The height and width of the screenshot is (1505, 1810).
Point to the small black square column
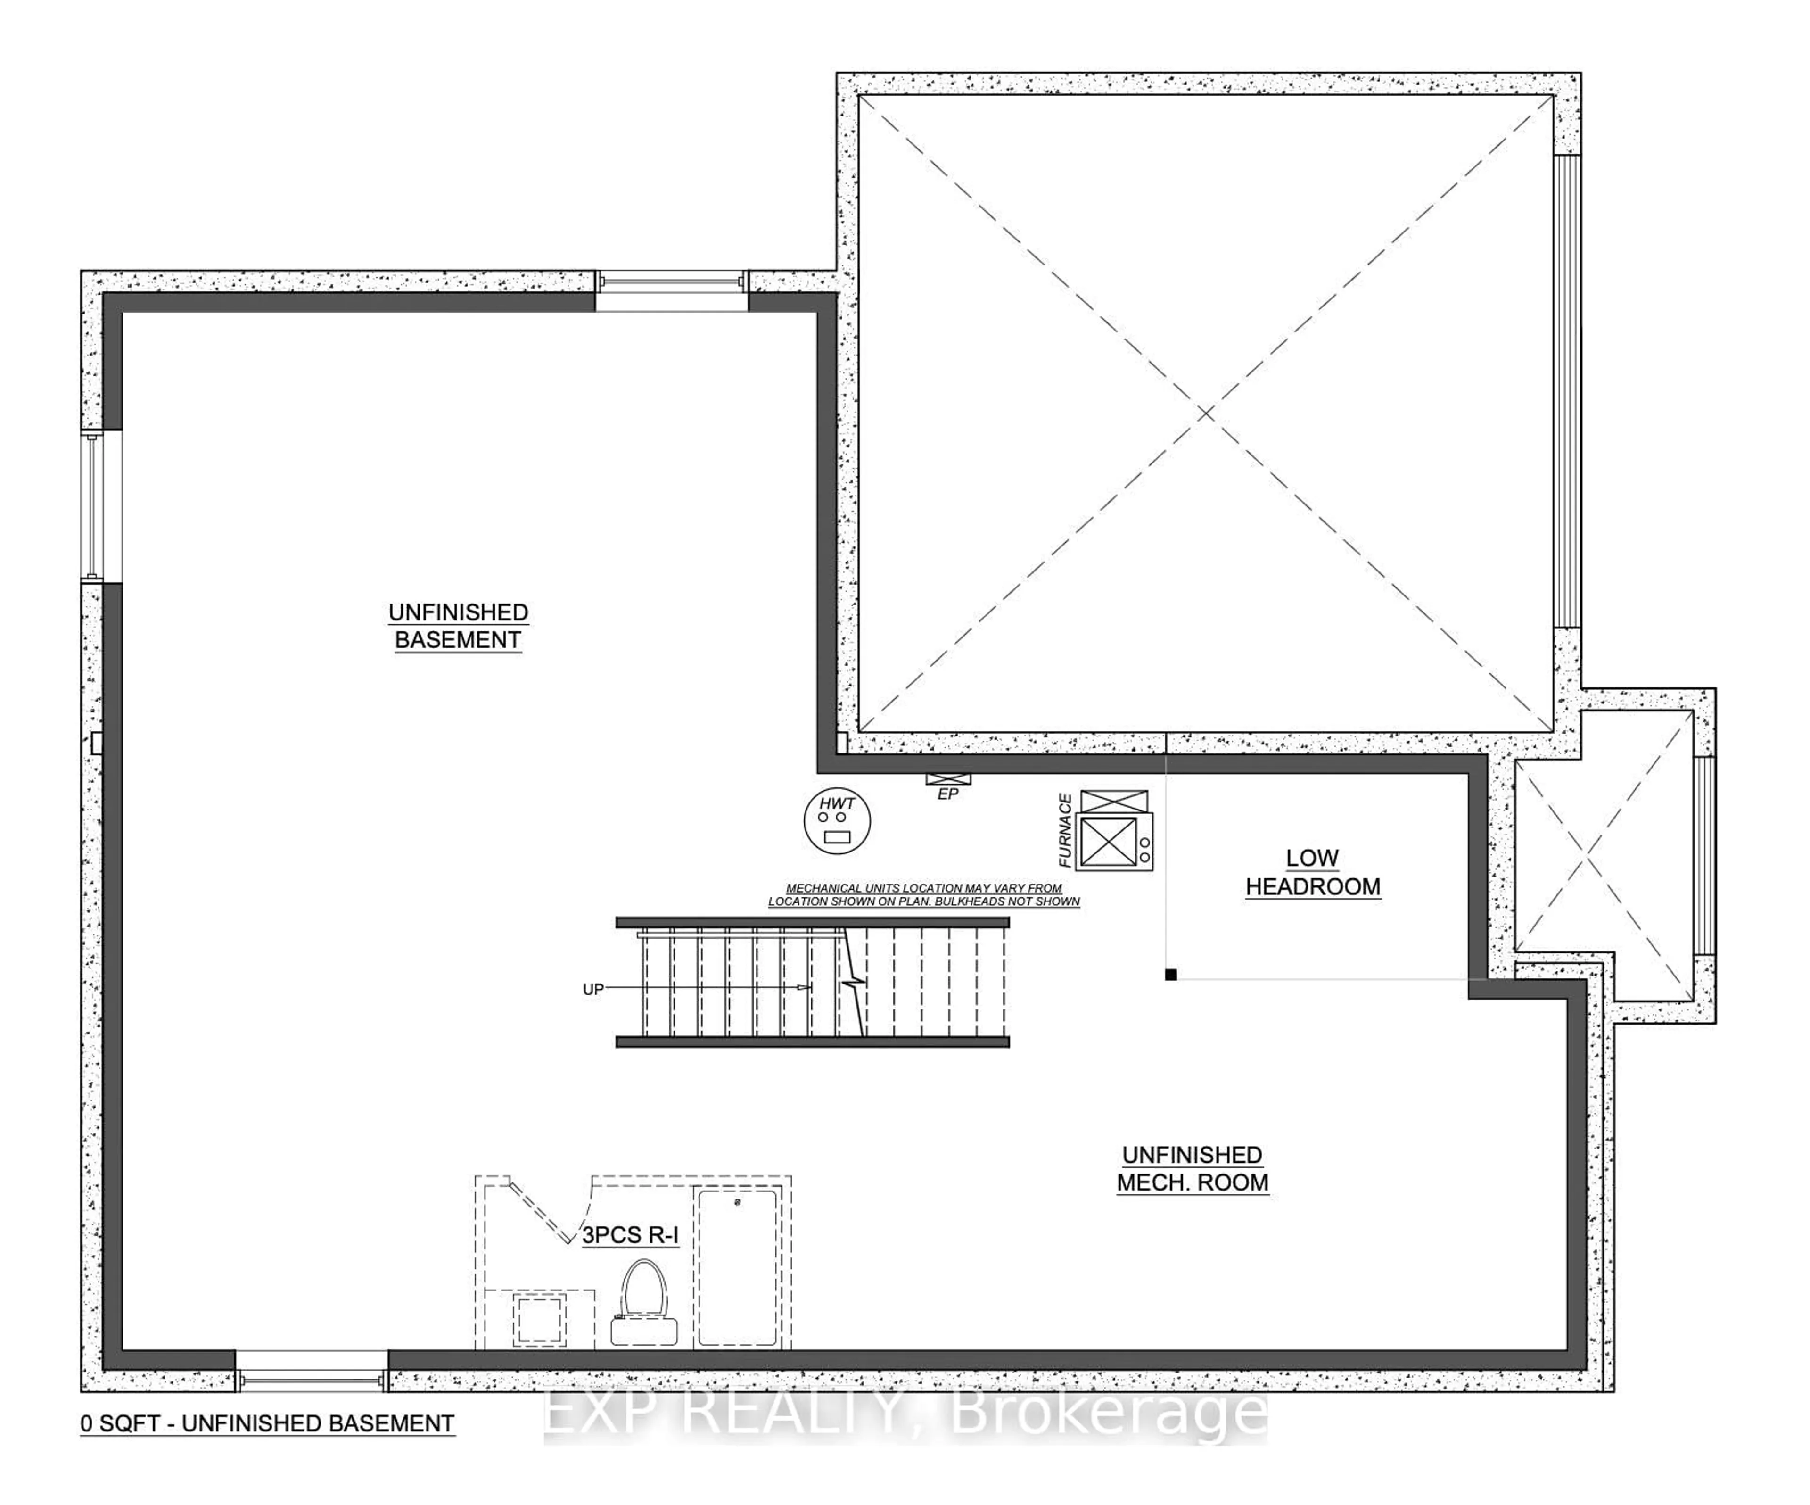point(1170,975)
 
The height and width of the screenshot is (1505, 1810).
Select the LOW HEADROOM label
point(1313,872)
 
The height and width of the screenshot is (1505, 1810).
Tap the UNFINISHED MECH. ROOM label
point(1193,1169)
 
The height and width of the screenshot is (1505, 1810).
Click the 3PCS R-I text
point(630,1235)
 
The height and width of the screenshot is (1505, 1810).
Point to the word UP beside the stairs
point(593,990)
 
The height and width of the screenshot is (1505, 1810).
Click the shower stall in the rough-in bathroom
point(736,1267)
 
